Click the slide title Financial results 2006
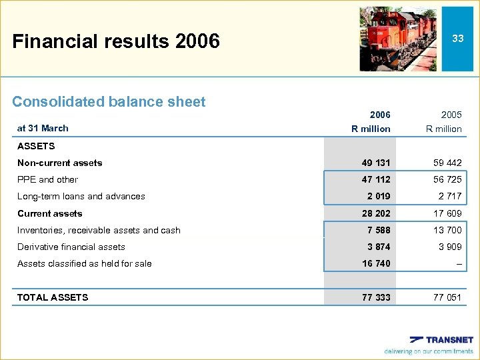pyautogui.click(x=116, y=41)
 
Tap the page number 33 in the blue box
pyautogui.click(x=457, y=39)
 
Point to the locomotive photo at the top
pyautogui.click(x=398, y=39)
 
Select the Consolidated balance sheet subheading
pyautogui.click(x=109, y=102)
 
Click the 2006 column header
pyautogui.click(x=379, y=115)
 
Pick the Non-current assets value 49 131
pyautogui.click(x=376, y=163)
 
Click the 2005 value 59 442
pyautogui.click(x=447, y=163)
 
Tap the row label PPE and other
pyautogui.click(x=47, y=179)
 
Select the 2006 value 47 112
pyautogui.click(x=376, y=179)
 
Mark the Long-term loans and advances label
pyautogui.click(x=81, y=196)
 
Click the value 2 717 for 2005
pyautogui.click(x=450, y=196)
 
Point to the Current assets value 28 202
pyautogui.click(x=376, y=213)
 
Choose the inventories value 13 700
pyautogui.click(x=447, y=230)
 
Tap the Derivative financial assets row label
pyautogui.click(x=71, y=247)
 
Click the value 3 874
pyautogui.click(x=379, y=247)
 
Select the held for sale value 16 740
pyautogui.click(x=376, y=263)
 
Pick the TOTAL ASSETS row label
pyautogui.click(x=53, y=297)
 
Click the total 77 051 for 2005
pyautogui.click(x=447, y=297)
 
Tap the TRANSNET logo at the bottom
pyautogui.click(x=441, y=339)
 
